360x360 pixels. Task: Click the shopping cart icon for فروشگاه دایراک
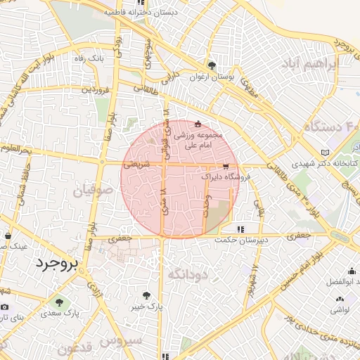pos(225,167)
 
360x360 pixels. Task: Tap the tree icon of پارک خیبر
pos(147,296)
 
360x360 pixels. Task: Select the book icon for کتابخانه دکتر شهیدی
pos(324,152)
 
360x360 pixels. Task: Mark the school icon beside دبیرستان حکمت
pos(241,229)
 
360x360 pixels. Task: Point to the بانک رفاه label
pos(91,58)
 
